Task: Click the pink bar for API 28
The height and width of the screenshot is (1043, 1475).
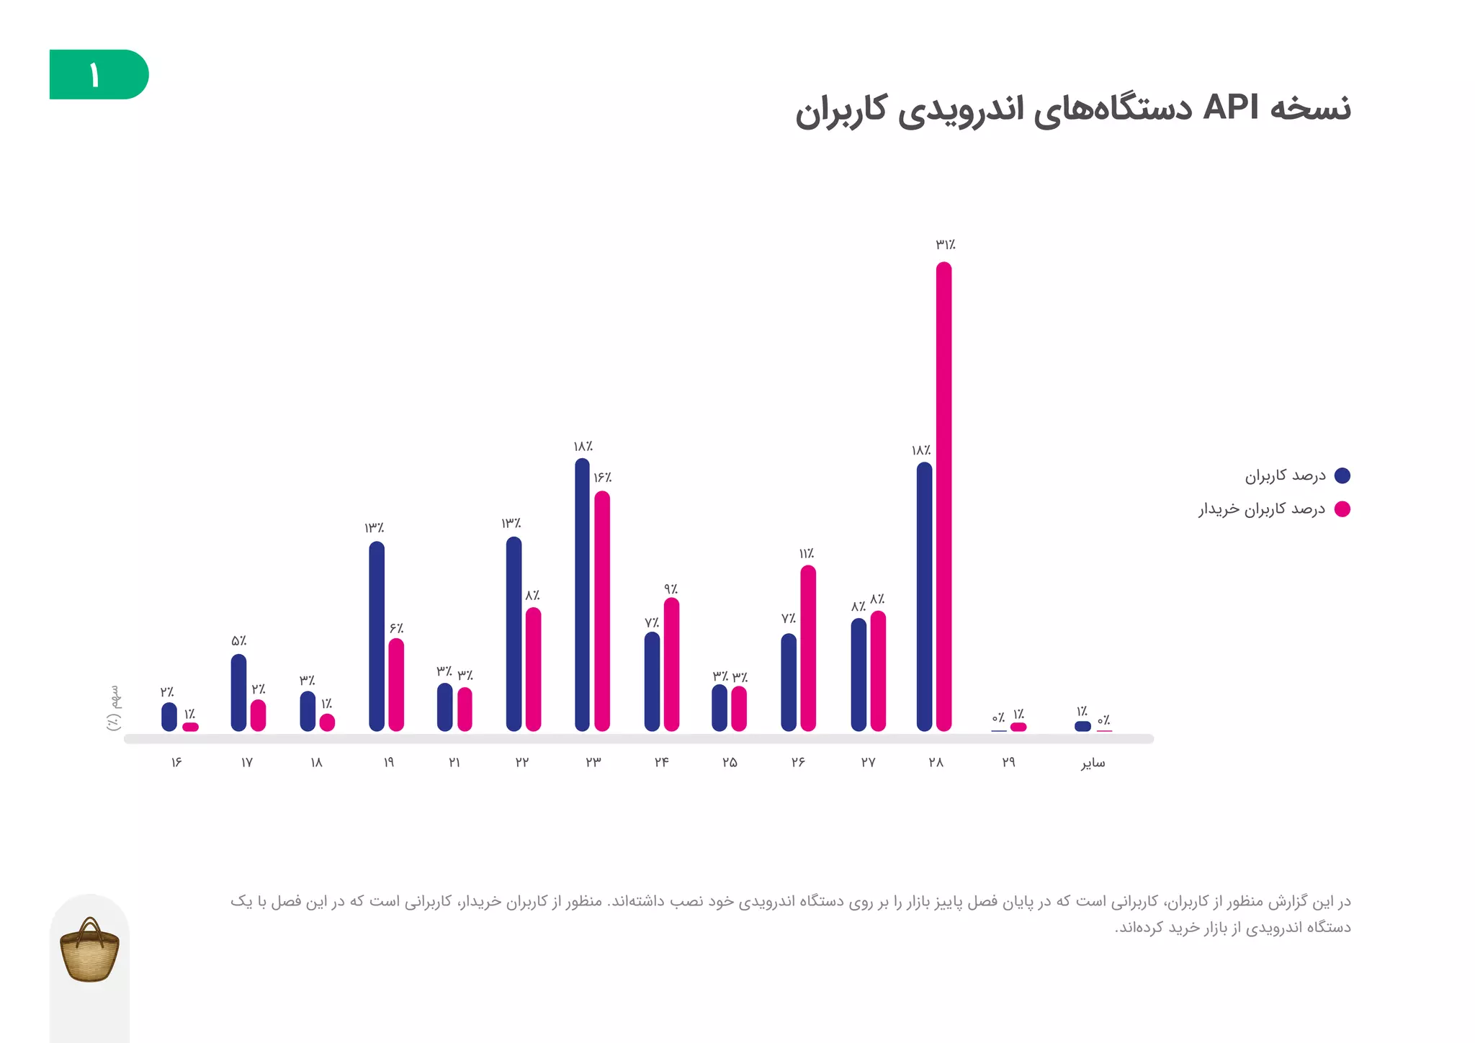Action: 943,497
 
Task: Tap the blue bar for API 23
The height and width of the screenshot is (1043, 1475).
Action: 582,595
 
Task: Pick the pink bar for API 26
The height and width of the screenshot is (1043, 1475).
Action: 808,648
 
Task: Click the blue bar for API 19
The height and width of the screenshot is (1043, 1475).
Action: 377,637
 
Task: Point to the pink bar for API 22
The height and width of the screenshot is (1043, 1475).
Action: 533,669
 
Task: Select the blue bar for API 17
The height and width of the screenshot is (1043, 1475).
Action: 238,693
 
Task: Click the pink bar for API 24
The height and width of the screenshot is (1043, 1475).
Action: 671,664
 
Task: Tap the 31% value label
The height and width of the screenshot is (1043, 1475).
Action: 945,245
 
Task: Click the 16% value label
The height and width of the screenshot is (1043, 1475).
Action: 602,478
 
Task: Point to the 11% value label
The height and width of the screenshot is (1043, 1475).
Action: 806,554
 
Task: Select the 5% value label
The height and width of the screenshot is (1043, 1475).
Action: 238,641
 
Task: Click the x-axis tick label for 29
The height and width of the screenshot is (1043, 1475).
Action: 1008,762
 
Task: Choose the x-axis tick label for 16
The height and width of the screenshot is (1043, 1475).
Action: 176,762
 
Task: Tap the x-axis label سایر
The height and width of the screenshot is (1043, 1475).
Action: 1093,763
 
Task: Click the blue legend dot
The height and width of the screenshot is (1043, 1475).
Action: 1342,475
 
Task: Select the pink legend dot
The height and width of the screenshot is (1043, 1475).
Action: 1342,509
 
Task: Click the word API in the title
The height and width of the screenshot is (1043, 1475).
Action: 1231,108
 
